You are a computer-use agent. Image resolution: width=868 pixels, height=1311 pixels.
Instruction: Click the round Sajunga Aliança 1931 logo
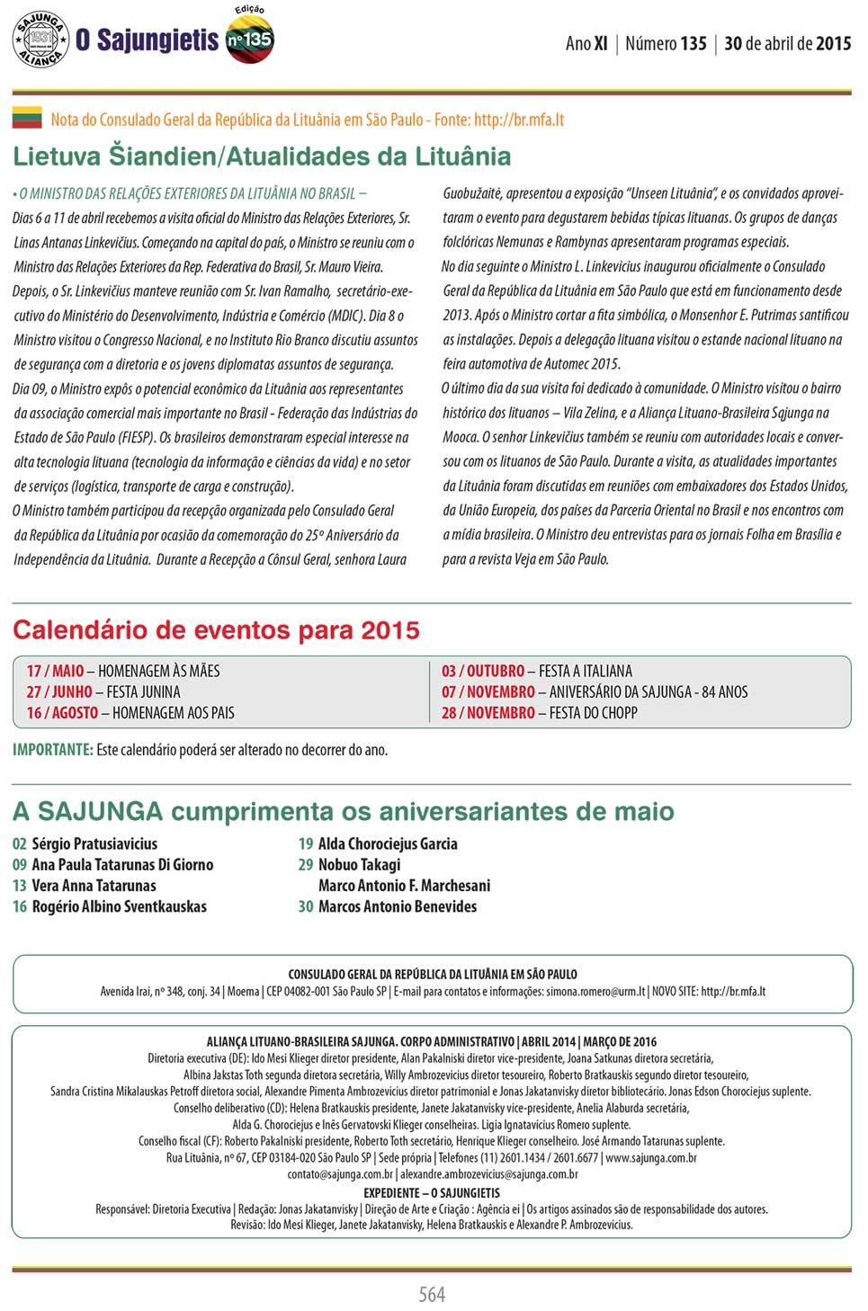pyautogui.click(x=40, y=39)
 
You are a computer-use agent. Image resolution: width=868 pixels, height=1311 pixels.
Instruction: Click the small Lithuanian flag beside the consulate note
pyautogui.click(x=27, y=117)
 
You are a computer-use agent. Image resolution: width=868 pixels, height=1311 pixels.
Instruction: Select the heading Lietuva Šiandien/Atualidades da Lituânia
pyautogui.click(x=262, y=156)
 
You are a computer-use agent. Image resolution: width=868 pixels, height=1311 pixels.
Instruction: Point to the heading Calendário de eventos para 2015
pyautogui.click(x=216, y=629)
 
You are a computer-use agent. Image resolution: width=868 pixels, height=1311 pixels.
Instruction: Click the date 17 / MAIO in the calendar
pyautogui.click(x=55, y=671)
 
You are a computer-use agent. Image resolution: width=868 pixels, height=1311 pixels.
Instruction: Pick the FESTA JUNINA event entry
pyautogui.click(x=143, y=691)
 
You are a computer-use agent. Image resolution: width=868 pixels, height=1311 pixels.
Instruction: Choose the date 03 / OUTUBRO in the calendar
pyautogui.click(x=483, y=671)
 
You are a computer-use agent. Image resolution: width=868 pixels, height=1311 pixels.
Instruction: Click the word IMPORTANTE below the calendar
pyautogui.click(x=52, y=749)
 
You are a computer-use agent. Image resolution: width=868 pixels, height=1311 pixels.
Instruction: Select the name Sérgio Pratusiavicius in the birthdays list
pyautogui.click(x=94, y=843)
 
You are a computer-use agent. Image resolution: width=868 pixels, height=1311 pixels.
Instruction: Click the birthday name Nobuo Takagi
pyautogui.click(x=360, y=864)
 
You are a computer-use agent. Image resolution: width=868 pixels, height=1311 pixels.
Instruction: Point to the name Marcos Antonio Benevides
pyautogui.click(x=398, y=905)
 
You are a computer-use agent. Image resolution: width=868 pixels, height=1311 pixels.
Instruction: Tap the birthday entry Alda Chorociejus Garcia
pyautogui.click(x=388, y=843)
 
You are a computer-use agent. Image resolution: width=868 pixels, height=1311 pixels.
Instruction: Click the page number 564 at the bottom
pyautogui.click(x=433, y=1293)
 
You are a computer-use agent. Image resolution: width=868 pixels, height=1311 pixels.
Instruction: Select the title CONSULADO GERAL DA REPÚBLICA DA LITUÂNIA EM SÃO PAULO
pyautogui.click(x=433, y=974)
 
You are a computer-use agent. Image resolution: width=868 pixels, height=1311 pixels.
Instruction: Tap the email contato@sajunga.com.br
pyautogui.click(x=340, y=1173)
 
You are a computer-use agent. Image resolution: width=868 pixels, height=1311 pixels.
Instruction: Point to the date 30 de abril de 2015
pyautogui.click(x=787, y=42)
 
